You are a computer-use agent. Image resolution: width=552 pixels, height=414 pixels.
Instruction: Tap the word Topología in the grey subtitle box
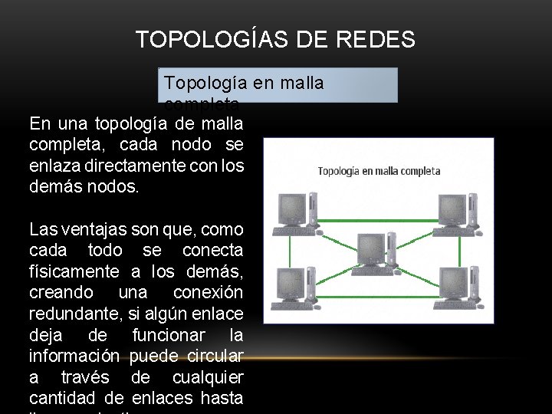click(204, 82)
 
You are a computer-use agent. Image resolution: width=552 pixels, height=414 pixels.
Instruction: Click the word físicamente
click(74, 271)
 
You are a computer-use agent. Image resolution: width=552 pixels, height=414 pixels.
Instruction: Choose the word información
click(74, 356)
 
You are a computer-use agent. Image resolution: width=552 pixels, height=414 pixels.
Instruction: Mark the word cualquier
click(209, 376)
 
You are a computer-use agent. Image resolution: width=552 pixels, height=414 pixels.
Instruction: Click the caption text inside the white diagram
click(379, 171)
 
